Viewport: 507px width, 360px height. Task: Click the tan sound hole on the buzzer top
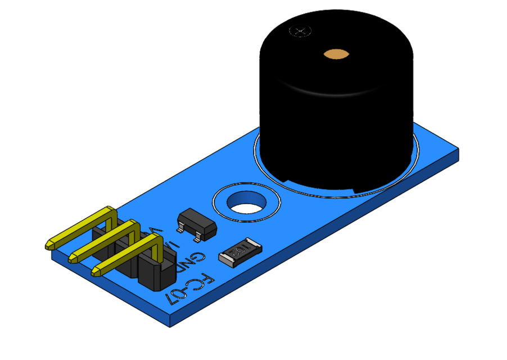point(336,54)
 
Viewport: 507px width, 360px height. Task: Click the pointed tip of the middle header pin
point(73,259)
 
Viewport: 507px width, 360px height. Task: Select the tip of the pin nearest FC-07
point(96,272)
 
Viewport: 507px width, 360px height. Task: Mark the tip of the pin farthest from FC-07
point(49,245)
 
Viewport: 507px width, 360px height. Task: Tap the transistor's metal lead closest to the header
point(180,228)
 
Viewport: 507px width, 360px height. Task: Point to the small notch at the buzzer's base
point(357,192)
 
